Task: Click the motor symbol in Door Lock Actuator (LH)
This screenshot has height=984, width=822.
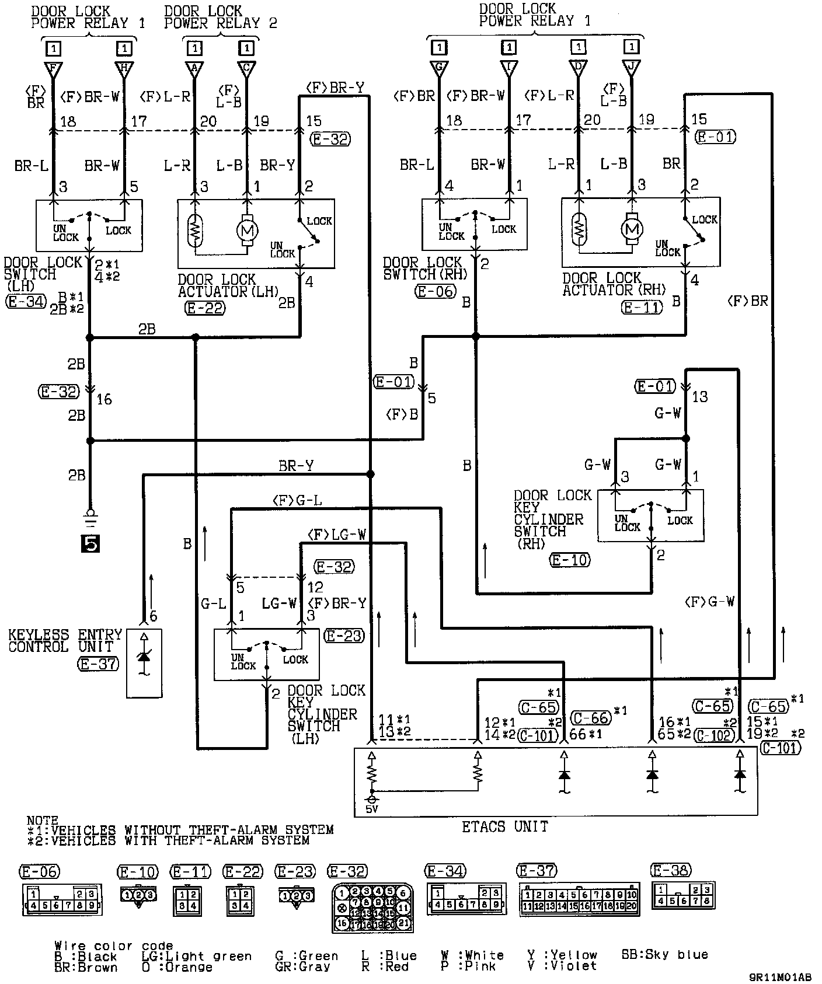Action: pos(246,230)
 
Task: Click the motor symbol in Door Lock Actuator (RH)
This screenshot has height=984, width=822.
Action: pos(631,228)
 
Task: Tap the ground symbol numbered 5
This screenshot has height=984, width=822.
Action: pos(90,543)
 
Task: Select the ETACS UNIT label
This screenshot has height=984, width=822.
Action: pos(505,826)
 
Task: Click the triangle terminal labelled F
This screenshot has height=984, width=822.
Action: pos(53,69)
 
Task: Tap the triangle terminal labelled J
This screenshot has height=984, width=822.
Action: pos(631,67)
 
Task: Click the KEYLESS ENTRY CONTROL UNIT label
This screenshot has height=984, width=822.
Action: pos(65,640)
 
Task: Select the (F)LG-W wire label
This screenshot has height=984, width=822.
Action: pos(336,534)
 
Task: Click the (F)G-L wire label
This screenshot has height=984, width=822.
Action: pos(297,500)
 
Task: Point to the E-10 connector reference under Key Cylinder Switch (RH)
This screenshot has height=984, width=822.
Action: pos(570,560)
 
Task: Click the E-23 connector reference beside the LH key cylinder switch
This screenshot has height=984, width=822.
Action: pos(344,636)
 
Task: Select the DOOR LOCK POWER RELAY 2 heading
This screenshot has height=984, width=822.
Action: pos(220,17)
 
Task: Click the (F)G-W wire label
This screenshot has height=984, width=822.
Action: pos(709,602)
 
